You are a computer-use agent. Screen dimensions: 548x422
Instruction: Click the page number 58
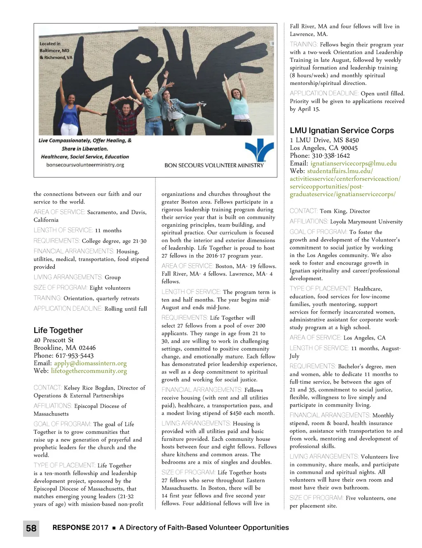[x=31, y=528]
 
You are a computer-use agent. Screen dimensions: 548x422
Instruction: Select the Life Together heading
[x=58, y=330]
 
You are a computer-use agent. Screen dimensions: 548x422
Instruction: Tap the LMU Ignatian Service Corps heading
[x=342, y=130]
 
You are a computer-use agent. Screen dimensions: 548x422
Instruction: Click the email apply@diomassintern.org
[x=90, y=363]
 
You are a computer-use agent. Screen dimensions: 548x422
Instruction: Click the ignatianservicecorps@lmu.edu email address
[x=353, y=163]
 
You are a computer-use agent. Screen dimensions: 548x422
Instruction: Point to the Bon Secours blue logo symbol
[x=259, y=150]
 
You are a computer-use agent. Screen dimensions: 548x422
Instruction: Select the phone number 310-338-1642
[x=331, y=155]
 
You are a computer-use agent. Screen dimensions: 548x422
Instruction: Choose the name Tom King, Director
[x=345, y=211]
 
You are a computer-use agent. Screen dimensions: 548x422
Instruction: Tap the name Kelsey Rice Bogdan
[x=89, y=388]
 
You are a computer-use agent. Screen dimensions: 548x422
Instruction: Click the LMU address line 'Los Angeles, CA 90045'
[x=324, y=148]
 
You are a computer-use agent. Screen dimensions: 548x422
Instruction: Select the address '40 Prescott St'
[x=54, y=340]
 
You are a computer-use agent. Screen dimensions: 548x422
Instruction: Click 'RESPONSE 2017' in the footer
[x=80, y=527]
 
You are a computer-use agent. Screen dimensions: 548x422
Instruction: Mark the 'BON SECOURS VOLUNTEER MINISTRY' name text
[x=214, y=165]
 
